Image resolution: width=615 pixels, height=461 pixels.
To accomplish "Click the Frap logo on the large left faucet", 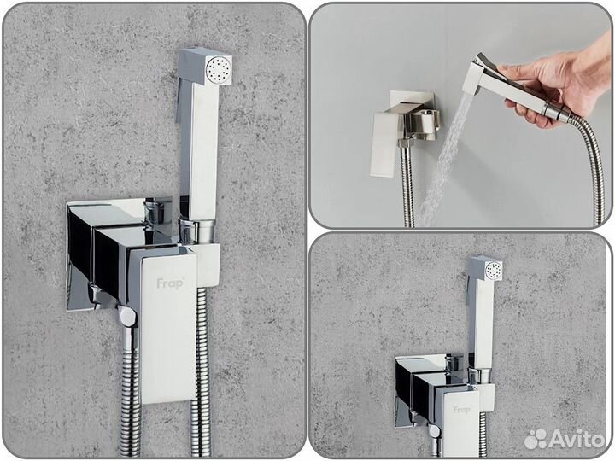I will pos(168,283).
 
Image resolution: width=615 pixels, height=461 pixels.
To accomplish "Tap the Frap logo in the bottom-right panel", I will pos(462,409).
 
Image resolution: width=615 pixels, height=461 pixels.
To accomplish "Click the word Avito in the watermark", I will pos(578,440).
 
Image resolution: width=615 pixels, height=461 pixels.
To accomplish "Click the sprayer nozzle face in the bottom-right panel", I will pos(492,271).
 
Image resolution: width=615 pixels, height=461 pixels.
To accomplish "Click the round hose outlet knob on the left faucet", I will pos(126,317).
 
